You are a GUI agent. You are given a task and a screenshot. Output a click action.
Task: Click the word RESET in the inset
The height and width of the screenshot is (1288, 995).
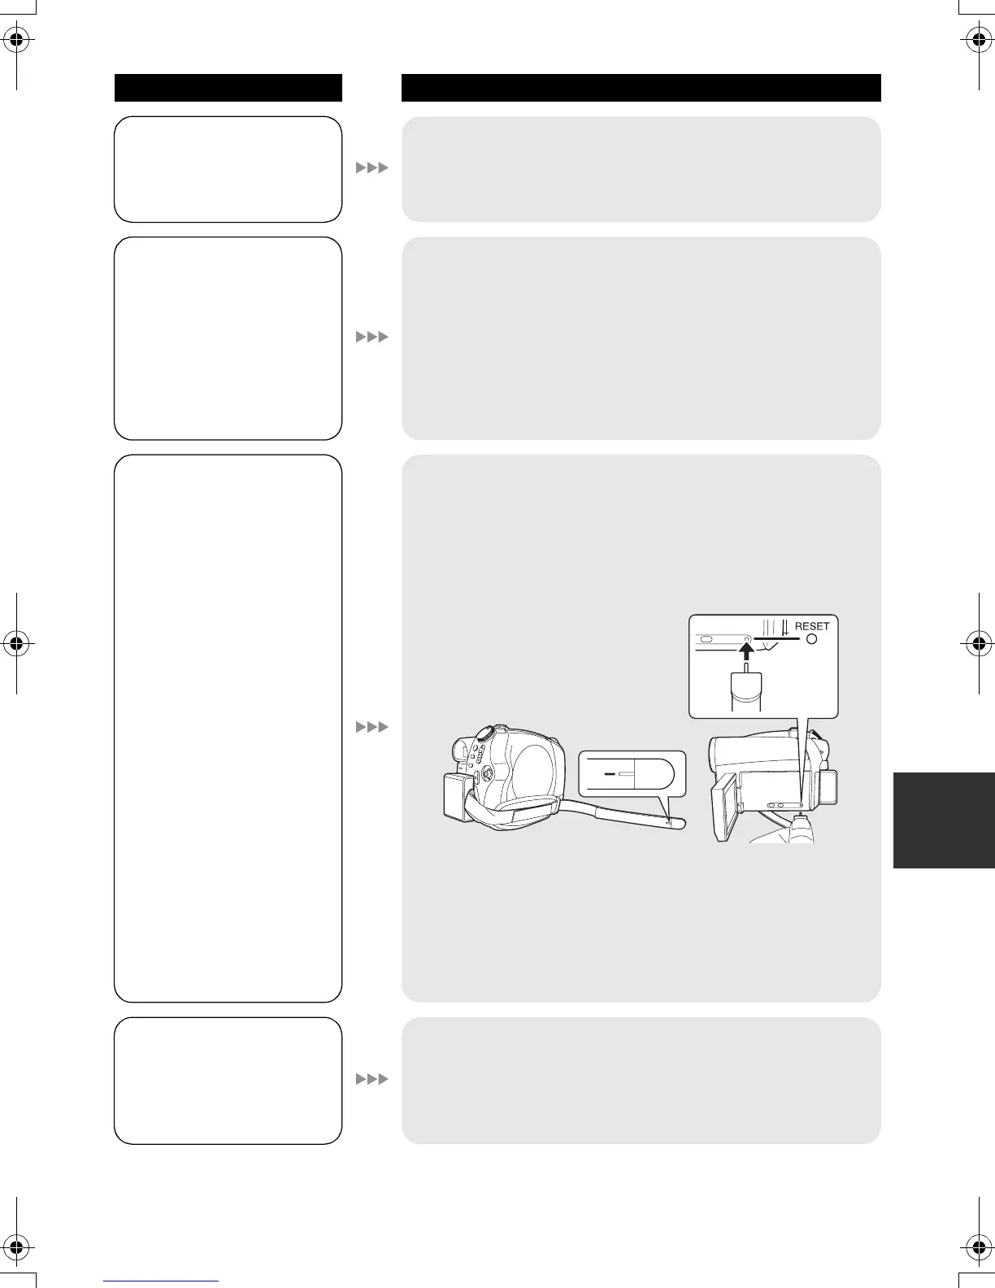point(812,626)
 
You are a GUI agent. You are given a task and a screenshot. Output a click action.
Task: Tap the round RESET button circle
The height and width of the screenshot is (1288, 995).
point(811,639)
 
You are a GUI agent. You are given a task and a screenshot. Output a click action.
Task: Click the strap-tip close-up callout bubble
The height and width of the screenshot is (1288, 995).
point(632,774)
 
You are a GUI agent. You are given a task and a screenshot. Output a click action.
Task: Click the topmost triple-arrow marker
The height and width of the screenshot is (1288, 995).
point(372,168)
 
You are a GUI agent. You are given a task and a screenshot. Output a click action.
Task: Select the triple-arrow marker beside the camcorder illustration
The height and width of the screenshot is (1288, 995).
point(372,726)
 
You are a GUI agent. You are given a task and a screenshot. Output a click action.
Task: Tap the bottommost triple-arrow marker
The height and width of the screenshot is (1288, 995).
point(372,1079)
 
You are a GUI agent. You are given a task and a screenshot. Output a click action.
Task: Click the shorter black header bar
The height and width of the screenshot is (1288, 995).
point(228,88)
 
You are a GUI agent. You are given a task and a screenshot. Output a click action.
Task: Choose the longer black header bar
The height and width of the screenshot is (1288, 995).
point(641,88)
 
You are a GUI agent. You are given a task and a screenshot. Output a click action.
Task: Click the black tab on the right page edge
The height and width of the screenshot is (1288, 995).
point(944,820)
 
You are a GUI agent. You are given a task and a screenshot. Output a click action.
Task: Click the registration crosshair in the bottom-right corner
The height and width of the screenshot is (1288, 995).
point(978,1247)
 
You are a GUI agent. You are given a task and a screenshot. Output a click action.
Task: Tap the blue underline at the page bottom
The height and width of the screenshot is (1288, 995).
point(162,1282)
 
